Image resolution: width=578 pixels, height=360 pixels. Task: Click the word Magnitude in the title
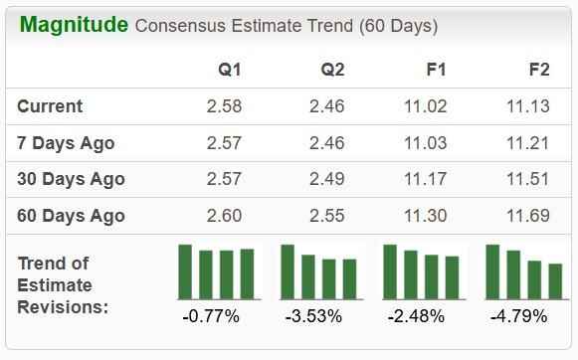(x=72, y=24)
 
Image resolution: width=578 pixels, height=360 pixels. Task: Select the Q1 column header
(x=230, y=70)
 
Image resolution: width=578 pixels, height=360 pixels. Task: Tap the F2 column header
(x=539, y=70)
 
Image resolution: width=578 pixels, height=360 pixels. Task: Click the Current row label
(x=50, y=106)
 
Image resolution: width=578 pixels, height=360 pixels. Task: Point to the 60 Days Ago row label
(x=71, y=216)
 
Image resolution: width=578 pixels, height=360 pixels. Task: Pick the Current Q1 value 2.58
(x=224, y=106)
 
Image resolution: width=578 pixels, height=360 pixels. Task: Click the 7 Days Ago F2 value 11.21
(x=529, y=143)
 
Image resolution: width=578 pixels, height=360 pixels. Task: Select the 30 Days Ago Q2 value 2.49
(x=326, y=180)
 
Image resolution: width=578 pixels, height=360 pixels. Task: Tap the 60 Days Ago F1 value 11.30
(x=429, y=216)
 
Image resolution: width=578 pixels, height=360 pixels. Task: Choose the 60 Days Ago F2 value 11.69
(x=529, y=216)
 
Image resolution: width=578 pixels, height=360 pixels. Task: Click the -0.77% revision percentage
(x=211, y=316)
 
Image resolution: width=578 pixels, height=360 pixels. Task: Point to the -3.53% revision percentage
(x=314, y=316)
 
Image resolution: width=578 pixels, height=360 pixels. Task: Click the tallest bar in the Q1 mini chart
(x=185, y=270)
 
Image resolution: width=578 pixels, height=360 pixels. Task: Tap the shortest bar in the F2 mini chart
(x=555, y=280)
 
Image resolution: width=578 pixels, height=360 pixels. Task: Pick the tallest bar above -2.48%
(x=390, y=270)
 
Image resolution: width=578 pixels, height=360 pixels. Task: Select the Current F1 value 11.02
(x=429, y=106)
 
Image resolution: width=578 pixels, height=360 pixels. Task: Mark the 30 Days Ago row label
(x=71, y=180)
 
